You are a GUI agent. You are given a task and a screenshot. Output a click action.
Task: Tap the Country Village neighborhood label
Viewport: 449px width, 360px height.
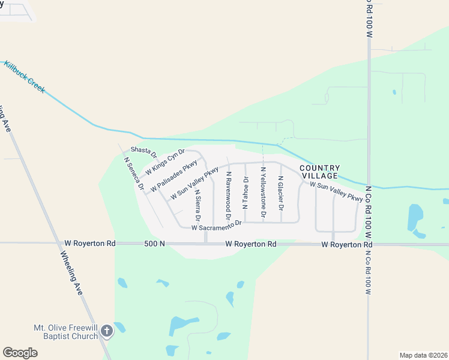click(320, 172)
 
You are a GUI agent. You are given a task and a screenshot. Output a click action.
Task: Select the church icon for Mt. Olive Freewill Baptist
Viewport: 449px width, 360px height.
click(106, 331)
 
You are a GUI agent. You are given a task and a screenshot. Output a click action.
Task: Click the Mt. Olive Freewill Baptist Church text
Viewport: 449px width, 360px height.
click(65, 332)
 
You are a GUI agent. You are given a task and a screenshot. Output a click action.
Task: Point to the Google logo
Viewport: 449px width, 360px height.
click(20, 352)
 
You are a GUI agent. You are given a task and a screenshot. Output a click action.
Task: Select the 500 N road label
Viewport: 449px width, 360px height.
click(155, 244)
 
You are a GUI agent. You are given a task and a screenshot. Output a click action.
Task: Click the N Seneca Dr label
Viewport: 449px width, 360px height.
click(133, 174)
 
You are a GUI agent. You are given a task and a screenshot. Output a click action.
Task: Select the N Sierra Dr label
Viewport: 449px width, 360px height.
click(197, 206)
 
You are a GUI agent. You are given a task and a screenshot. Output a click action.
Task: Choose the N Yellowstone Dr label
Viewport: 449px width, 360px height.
click(263, 192)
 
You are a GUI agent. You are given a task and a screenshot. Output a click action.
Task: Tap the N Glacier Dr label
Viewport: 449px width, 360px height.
click(280, 193)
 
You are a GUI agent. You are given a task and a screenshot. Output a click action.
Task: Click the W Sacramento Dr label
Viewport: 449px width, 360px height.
click(216, 226)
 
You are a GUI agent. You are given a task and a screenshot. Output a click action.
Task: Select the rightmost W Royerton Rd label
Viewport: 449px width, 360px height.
click(347, 245)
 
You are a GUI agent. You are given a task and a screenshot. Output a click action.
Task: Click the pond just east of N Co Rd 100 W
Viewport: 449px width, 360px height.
click(415, 217)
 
